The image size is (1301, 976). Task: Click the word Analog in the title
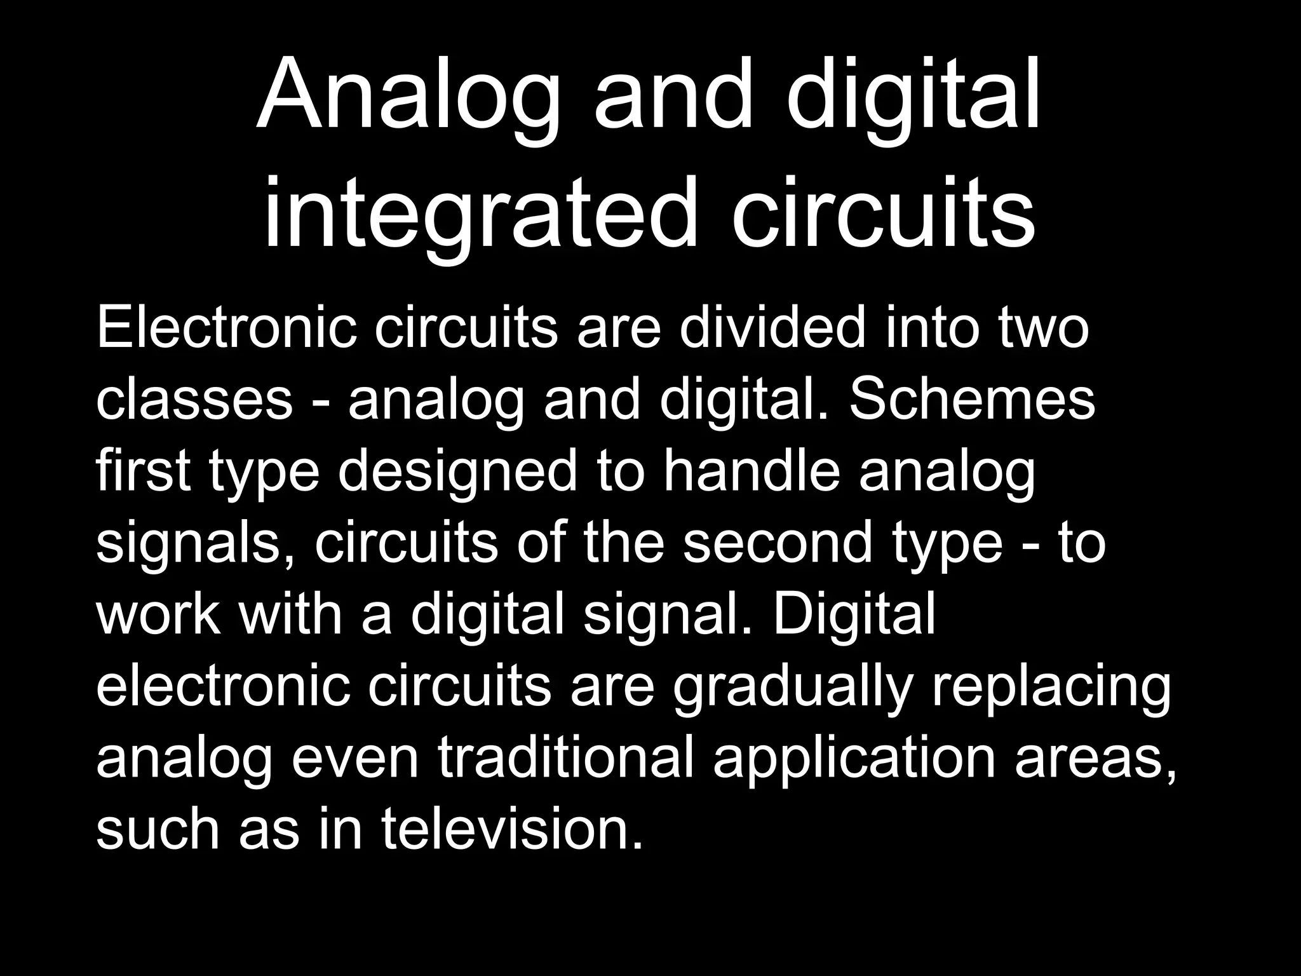(x=407, y=95)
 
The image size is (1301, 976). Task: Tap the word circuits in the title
(x=884, y=213)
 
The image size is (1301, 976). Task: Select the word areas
(x=1096, y=759)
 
